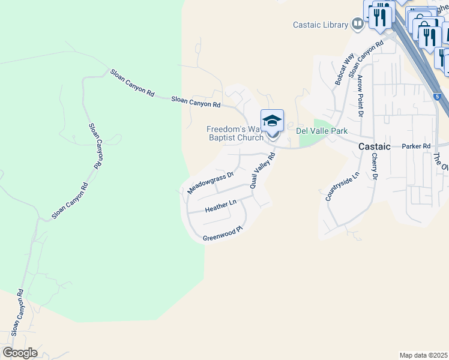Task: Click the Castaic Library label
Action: click(320, 25)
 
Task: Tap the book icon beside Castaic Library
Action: click(357, 25)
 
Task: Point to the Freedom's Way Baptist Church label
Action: click(235, 133)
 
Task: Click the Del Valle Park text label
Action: click(322, 131)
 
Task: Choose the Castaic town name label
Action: click(375, 146)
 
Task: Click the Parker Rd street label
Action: click(417, 146)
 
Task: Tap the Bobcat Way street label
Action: click(346, 66)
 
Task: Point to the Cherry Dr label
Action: click(374, 166)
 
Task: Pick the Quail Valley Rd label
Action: click(262, 171)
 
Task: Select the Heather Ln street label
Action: click(221, 206)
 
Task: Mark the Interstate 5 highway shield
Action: click(438, 96)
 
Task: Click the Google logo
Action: click(20, 353)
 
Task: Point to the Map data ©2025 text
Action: click(423, 355)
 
